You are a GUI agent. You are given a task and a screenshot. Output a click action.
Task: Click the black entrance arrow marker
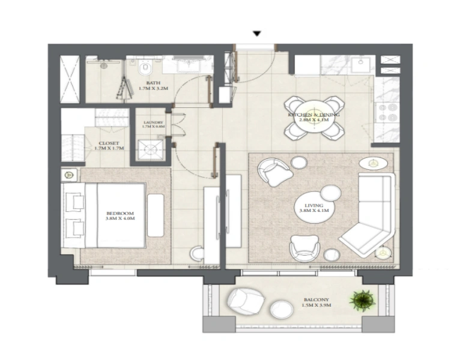(257, 34)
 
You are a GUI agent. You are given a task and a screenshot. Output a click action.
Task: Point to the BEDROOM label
(120, 213)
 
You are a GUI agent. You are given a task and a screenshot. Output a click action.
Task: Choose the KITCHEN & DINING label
(313, 114)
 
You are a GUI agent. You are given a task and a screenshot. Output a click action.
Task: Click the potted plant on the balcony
(362, 299)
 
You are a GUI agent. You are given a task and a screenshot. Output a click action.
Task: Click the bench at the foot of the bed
(156, 215)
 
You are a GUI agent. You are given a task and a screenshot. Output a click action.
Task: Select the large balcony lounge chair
(244, 298)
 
